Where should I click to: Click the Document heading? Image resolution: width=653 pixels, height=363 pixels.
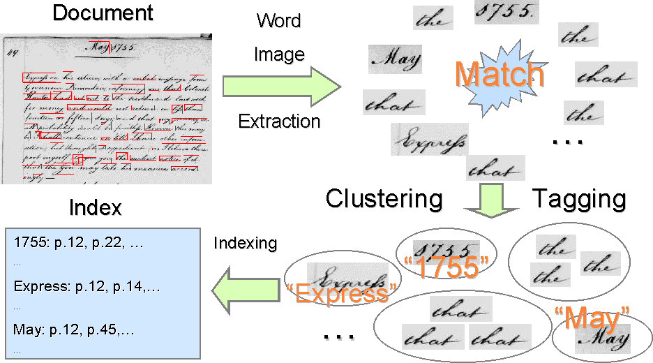pos(103,13)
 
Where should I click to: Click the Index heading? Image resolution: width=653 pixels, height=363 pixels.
pos(96,207)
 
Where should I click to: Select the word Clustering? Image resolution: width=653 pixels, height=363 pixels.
pos(384,199)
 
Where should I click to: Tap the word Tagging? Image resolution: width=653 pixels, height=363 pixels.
pos(579,199)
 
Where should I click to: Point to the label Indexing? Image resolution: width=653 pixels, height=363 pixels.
pos(245,244)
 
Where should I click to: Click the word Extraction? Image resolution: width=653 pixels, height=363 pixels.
pos(279,121)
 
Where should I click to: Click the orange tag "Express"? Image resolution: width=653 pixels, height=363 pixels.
pos(341,294)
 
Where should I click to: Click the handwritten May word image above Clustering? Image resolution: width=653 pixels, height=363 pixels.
pos(394,59)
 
